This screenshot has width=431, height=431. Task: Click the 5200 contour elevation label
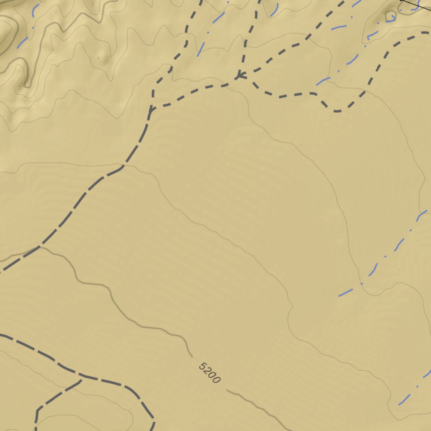coord(209,373)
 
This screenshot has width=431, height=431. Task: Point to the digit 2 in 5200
coord(207,371)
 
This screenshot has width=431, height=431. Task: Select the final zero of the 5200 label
coord(216,380)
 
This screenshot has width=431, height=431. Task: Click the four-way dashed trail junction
coord(238,77)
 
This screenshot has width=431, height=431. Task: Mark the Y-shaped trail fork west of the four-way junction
coord(151,110)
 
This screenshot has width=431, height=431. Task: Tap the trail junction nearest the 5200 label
coord(81,380)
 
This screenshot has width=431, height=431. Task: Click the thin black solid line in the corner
coord(417,6)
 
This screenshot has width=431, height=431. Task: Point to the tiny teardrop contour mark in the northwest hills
coord(98,58)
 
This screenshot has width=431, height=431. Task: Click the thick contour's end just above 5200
coord(192,356)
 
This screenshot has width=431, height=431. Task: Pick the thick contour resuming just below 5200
coord(228,391)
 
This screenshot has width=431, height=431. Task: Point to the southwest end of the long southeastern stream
coord(339,295)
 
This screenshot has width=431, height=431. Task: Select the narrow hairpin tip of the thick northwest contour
coord(27,85)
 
